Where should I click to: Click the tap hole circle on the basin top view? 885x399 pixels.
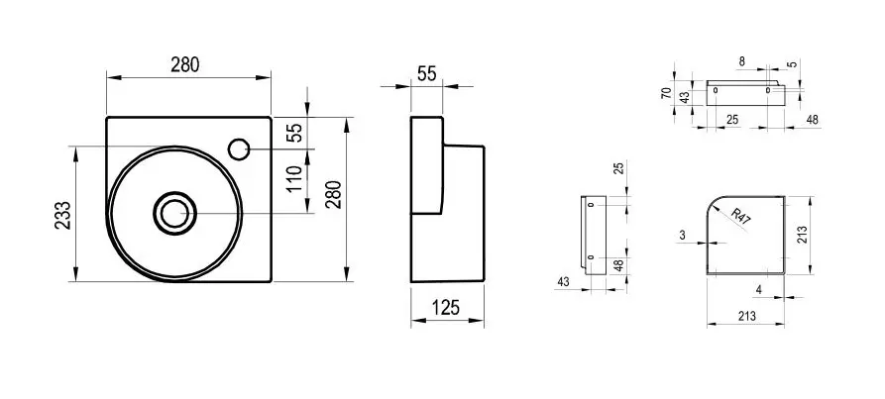239,150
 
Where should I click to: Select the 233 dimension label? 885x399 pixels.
62,216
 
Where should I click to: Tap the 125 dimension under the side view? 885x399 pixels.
448,308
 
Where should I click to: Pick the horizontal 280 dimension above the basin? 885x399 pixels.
185,65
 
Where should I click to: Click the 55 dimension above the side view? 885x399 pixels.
426,73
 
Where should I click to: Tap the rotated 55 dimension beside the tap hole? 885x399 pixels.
294,132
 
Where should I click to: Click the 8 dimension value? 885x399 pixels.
741,61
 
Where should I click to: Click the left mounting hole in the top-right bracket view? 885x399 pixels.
716,90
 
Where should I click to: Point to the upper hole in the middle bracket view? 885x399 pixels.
591,206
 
